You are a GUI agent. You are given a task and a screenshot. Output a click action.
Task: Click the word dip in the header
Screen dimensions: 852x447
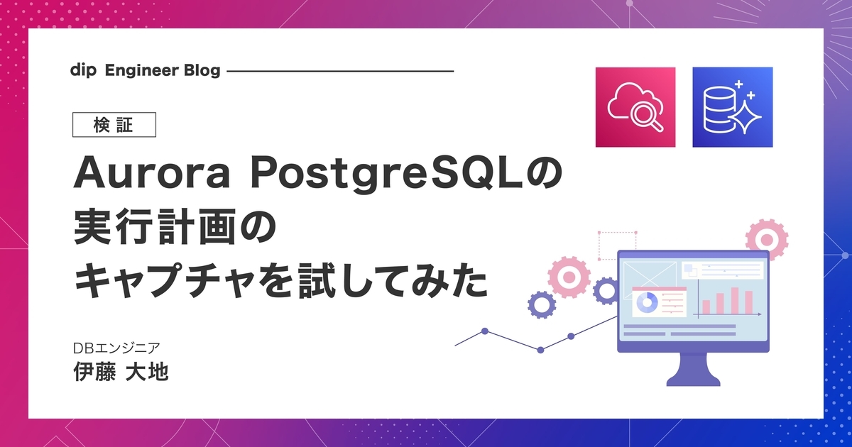click(x=83, y=71)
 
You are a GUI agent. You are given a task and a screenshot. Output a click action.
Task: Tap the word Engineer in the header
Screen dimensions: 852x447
click(x=141, y=70)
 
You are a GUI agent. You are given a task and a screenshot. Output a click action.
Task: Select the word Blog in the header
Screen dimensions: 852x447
click(x=202, y=71)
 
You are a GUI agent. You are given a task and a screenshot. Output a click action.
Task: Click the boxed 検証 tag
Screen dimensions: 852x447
click(x=114, y=125)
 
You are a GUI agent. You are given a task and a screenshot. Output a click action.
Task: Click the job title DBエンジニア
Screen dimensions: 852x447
click(x=116, y=348)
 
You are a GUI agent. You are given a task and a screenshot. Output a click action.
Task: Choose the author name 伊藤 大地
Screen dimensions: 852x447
click(x=121, y=371)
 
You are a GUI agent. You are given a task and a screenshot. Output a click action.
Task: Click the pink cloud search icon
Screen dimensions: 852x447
click(x=635, y=107)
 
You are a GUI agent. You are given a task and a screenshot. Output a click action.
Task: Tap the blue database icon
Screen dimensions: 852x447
click(x=733, y=107)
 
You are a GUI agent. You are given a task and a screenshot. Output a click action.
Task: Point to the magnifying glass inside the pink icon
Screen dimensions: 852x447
click(x=647, y=116)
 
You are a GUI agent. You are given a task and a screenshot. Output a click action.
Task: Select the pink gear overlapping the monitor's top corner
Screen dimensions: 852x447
click(x=766, y=240)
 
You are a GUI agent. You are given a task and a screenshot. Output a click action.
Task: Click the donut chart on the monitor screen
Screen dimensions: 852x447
click(x=647, y=303)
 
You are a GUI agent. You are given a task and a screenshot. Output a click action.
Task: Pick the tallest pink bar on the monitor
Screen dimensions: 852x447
click(x=735, y=300)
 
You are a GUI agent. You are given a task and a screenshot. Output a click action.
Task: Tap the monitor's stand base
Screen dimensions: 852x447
click(x=693, y=379)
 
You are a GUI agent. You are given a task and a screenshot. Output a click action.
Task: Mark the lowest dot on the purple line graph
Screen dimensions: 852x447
click(x=540, y=350)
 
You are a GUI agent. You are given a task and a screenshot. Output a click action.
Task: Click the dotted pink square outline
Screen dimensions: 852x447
click(x=617, y=245)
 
